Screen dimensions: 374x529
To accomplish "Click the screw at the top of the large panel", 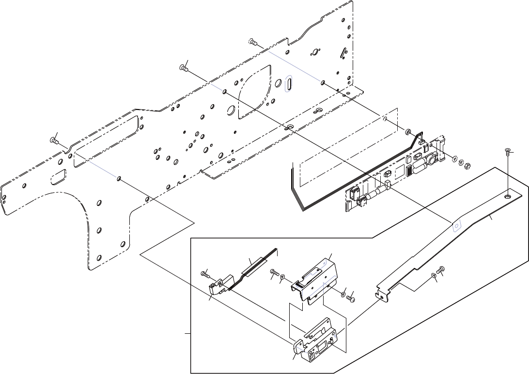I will click(x=252, y=42).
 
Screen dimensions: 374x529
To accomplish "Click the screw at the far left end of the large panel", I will click(x=54, y=141).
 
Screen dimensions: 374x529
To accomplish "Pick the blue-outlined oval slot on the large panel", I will click(x=288, y=84).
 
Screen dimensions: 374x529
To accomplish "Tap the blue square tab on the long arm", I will click(x=456, y=226).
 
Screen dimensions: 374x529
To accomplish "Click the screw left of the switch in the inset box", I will click(x=205, y=275).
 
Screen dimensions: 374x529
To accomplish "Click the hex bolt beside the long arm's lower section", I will click(x=441, y=270).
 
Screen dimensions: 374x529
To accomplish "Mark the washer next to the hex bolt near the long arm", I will click(x=433, y=276).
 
